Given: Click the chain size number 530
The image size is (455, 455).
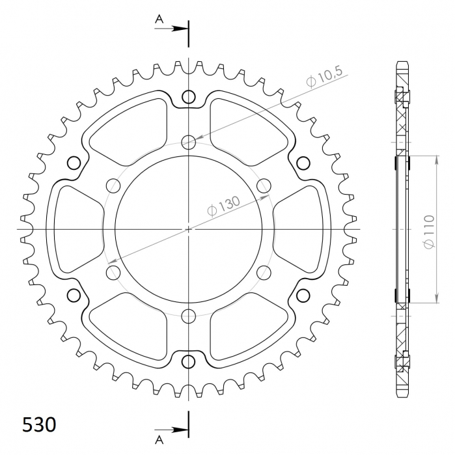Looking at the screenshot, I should tap(39, 425).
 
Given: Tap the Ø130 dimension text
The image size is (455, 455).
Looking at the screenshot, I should tap(223, 206).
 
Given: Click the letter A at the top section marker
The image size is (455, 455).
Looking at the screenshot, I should tap(159, 20).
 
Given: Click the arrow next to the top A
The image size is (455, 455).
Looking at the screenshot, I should tap(180, 29).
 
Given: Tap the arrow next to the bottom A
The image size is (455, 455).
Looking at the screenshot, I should tap(180, 430).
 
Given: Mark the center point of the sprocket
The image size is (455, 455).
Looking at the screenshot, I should tap(189, 229).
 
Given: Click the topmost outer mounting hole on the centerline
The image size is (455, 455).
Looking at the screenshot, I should tap(189, 98).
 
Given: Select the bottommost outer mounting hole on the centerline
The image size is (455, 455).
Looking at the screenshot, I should tap(189, 361).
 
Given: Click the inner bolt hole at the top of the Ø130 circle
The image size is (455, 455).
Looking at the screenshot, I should tap(189, 141).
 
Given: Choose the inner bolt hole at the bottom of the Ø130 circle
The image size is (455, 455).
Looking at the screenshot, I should tap(189, 317).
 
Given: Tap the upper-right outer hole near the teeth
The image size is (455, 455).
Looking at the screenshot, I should tap(303, 163).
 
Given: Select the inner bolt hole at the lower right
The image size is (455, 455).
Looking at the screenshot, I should tap(264, 273).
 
